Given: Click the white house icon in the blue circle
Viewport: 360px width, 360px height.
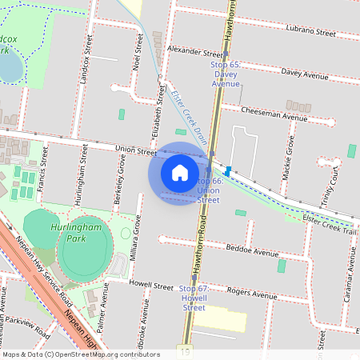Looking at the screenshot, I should tap(180, 173).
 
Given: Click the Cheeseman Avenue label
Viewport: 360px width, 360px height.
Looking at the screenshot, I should tap(274, 114).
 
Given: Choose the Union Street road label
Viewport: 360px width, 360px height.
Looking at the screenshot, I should tap(135, 150).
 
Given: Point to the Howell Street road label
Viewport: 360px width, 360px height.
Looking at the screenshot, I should tap(151, 286).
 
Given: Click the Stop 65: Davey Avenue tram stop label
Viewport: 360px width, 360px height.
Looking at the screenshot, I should tap(226, 73).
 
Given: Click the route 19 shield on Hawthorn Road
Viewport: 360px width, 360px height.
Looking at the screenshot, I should tap(186, 350).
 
